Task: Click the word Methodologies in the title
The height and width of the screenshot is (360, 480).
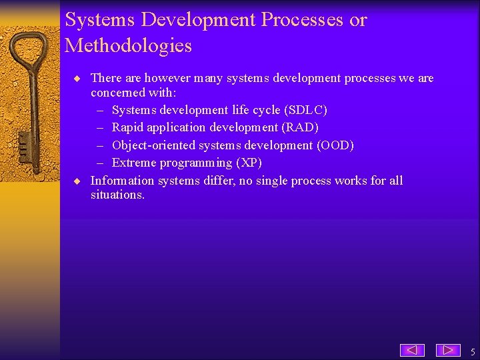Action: pos(128,46)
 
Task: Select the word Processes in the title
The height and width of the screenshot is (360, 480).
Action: pos(303,20)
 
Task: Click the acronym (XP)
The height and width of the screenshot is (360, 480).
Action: pos(249,163)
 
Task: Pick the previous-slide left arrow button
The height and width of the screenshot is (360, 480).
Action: pos(413,349)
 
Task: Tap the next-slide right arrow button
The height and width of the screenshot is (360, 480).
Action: pos(448,349)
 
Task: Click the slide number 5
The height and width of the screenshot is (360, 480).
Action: pos(472,351)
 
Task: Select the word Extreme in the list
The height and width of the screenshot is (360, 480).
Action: pos(133,163)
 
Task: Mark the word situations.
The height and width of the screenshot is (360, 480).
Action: pos(117,195)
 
